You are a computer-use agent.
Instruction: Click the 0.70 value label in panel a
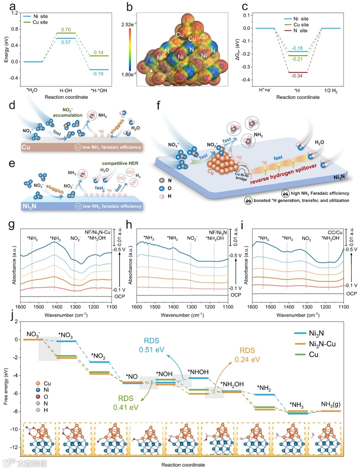coord(66,30)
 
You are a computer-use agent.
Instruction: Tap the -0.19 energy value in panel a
coord(98,74)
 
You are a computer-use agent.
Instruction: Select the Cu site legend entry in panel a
coord(40,22)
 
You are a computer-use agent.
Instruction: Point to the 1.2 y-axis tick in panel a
coord(14,13)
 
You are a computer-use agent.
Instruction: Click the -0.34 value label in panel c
coord(297,76)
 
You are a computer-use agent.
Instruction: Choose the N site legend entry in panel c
coord(300,31)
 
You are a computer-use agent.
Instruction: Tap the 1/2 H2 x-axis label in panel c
coord(331,91)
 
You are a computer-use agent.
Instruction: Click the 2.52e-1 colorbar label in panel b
coord(129,25)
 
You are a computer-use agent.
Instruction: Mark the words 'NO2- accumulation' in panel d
coord(68,113)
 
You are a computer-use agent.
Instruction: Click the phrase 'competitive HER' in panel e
coord(120,163)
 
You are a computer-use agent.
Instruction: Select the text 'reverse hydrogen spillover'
coord(283,174)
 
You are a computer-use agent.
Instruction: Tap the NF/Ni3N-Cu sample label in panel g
coord(97,232)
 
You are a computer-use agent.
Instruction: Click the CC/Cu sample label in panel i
coord(335,232)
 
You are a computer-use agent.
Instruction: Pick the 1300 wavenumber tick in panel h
coord(192,307)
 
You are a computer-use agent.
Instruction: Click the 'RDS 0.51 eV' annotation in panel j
coord(152,345)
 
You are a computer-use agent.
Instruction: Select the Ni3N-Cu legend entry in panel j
coord(322,344)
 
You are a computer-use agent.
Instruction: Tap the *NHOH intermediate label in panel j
coord(198,372)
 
